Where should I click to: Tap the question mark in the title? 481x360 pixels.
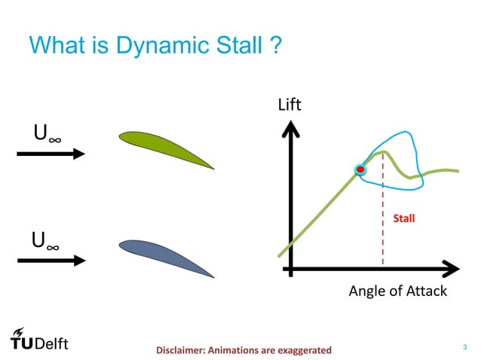[276, 46]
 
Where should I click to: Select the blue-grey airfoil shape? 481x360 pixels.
[166, 255]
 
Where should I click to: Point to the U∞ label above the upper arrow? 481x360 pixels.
[47, 134]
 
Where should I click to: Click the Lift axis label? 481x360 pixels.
[290, 105]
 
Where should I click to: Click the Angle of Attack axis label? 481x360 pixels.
[397, 291]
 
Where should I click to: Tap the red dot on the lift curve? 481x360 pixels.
[360, 170]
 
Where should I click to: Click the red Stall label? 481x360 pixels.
[405, 219]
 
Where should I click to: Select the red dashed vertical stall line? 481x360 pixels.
[383, 226]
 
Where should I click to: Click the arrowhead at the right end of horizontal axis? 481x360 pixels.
[451, 267]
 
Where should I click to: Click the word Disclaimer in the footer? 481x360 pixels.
[182, 350]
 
